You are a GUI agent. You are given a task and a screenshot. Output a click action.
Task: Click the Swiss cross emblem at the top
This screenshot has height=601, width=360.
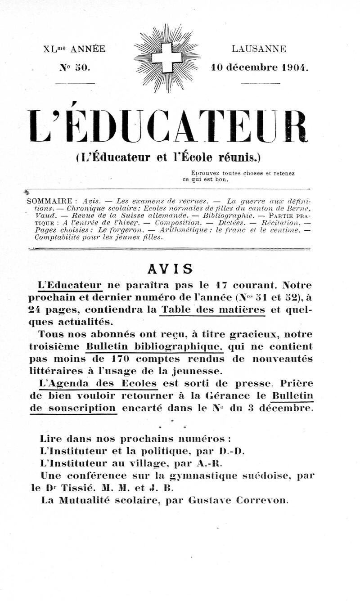tap(167, 58)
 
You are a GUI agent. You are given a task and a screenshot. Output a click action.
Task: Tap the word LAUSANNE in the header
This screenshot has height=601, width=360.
tap(259, 49)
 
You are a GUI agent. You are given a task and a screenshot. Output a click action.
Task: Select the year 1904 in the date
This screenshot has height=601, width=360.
tap(295, 68)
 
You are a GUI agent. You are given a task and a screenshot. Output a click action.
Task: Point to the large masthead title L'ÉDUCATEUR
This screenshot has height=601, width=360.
tap(167, 126)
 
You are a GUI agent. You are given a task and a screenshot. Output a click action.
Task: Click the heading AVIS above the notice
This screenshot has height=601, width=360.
tap(170, 269)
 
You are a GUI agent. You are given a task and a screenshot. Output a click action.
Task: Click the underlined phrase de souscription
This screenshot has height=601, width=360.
tap(73, 408)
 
